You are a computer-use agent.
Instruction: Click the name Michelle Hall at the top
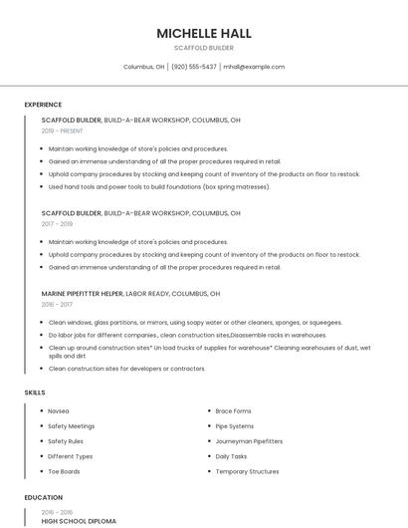(x=203, y=33)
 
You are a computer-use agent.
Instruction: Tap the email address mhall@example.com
(x=254, y=67)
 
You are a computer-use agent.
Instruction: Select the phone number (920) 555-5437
(x=193, y=67)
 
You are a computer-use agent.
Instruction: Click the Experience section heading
(x=43, y=105)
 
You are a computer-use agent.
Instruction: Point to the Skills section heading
(x=35, y=393)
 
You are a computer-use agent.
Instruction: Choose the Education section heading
(x=43, y=496)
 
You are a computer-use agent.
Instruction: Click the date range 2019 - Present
(x=62, y=131)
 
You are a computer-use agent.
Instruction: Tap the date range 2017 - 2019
(x=57, y=224)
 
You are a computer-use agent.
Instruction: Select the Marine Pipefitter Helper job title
(x=83, y=294)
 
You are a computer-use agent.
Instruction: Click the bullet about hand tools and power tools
(x=159, y=186)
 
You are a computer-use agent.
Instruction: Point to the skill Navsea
(x=59, y=410)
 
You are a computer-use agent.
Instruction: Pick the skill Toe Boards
(x=64, y=471)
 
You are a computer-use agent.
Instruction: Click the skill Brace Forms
(x=233, y=410)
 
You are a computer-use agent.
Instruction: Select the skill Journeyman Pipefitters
(x=249, y=441)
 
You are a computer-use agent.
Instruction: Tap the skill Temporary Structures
(x=247, y=471)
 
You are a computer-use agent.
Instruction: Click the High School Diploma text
(x=79, y=520)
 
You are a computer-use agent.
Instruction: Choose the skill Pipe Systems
(x=235, y=426)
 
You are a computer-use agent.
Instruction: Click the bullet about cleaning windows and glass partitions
(x=195, y=322)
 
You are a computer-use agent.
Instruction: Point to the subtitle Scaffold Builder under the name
(x=203, y=48)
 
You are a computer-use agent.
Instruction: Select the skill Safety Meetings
(x=71, y=426)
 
